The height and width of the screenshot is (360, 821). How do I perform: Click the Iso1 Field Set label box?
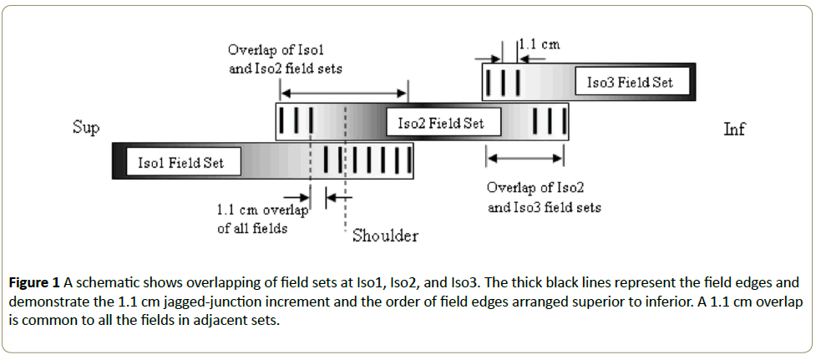click(x=180, y=162)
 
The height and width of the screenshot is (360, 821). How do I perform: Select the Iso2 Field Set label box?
click(x=440, y=124)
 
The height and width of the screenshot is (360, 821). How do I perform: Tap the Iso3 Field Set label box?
click(x=629, y=83)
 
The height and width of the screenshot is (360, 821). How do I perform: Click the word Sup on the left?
click(x=86, y=128)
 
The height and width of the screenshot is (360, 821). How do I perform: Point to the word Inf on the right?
click(x=734, y=129)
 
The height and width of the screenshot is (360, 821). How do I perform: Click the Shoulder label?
click(x=385, y=236)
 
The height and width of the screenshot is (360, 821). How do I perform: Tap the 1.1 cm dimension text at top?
click(x=539, y=44)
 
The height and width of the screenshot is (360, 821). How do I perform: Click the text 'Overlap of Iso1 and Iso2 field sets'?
click(x=285, y=59)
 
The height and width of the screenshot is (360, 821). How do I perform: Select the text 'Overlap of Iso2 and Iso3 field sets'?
click(x=544, y=198)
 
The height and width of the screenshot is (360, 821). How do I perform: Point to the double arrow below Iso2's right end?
click(x=525, y=157)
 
